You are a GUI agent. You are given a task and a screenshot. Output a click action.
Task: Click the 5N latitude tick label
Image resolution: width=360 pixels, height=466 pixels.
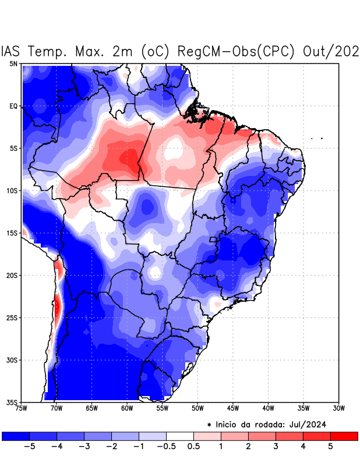tap(13, 63)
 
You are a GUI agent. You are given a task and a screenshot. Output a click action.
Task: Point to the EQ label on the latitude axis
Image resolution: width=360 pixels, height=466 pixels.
tap(13, 106)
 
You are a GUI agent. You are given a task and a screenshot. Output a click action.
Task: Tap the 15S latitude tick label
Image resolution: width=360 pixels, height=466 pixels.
tap(12, 233)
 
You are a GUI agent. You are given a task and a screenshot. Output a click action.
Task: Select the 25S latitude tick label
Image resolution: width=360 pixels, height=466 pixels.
tap(12, 317)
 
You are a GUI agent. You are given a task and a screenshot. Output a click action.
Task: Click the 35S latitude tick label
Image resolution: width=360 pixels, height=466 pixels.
tap(12, 402)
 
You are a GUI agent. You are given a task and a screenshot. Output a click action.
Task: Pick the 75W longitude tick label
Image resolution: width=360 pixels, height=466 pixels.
tap(20, 408)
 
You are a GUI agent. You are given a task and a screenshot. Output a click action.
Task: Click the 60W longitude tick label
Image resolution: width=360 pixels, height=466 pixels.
tap(126, 408)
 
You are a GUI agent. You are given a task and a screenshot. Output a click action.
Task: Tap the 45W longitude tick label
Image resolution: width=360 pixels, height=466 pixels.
tap(232, 408)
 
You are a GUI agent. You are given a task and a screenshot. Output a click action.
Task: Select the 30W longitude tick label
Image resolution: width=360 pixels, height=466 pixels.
tap(338, 408)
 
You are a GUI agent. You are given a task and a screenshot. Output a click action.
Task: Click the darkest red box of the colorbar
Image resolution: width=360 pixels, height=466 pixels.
tap(344, 436)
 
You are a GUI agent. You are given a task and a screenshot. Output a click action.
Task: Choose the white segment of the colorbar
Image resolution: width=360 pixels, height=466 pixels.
tap(179, 436)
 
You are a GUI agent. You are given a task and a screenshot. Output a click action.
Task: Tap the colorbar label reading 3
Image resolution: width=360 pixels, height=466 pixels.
tap(276, 447)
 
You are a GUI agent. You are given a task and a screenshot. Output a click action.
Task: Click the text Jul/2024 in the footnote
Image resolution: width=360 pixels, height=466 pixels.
tap(305, 424)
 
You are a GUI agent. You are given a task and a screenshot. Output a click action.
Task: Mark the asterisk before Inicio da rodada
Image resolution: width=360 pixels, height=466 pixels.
tap(209, 425)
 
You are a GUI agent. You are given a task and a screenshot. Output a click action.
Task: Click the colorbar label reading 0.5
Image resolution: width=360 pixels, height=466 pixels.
tap(193, 447)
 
